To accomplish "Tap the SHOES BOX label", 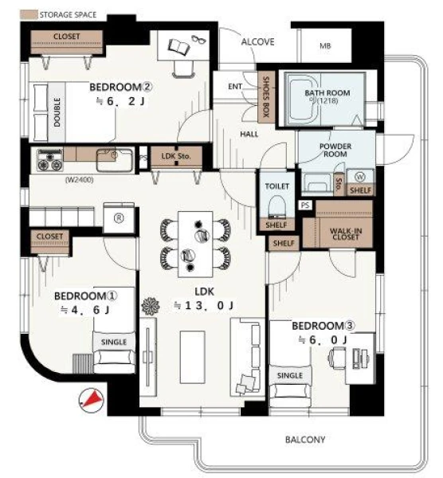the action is (266, 96).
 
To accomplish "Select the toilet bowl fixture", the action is (276, 206).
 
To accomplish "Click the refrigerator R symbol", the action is (119, 218).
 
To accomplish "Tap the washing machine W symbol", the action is (360, 177).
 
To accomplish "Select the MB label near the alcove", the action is (325, 45).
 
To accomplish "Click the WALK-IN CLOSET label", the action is (346, 233).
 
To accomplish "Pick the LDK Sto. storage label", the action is (176, 156).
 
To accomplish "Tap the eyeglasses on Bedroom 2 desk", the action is (198, 39).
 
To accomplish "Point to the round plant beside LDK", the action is (151, 306).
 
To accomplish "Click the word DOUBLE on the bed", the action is (57, 112).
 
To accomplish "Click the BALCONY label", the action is (305, 439).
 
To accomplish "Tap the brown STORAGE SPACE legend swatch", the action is (29, 14).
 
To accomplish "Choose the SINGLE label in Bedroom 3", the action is (290, 375).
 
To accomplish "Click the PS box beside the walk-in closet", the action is (305, 206).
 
